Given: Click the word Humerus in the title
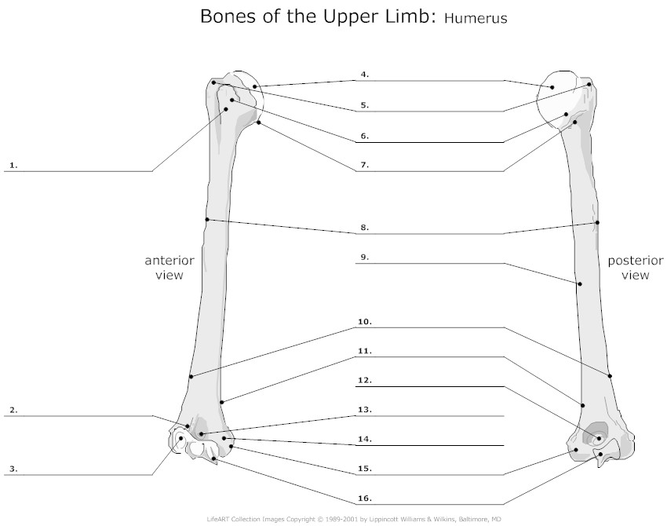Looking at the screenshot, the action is tap(476, 18).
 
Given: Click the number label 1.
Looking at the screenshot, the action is tap(13, 165).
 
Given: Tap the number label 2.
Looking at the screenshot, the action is tap(13, 411).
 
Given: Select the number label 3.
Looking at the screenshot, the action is tap(13, 469).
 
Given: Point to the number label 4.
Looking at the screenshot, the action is tap(365, 75).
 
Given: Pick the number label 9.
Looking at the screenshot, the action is tap(365, 257).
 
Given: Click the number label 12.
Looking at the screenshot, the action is tap(365, 380).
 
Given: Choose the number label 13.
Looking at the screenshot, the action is tap(365, 410).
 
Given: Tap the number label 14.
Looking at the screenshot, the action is tap(365, 439).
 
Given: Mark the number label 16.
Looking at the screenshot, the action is tap(365, 498).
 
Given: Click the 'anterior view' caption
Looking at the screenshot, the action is tap(169, 267).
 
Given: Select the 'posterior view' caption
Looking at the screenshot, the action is tap(635, 267).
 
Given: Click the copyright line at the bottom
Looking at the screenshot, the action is tap(354, 519).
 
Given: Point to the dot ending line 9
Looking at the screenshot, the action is tap(580, 284).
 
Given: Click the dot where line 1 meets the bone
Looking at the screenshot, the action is tap(226, 109).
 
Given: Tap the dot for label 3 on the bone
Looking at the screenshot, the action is tap(180, 438).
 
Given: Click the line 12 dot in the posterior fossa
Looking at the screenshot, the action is tap(599, 438).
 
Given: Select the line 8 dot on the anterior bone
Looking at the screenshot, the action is tap(206, 220).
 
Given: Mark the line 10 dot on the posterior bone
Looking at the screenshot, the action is tap(610, 376).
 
